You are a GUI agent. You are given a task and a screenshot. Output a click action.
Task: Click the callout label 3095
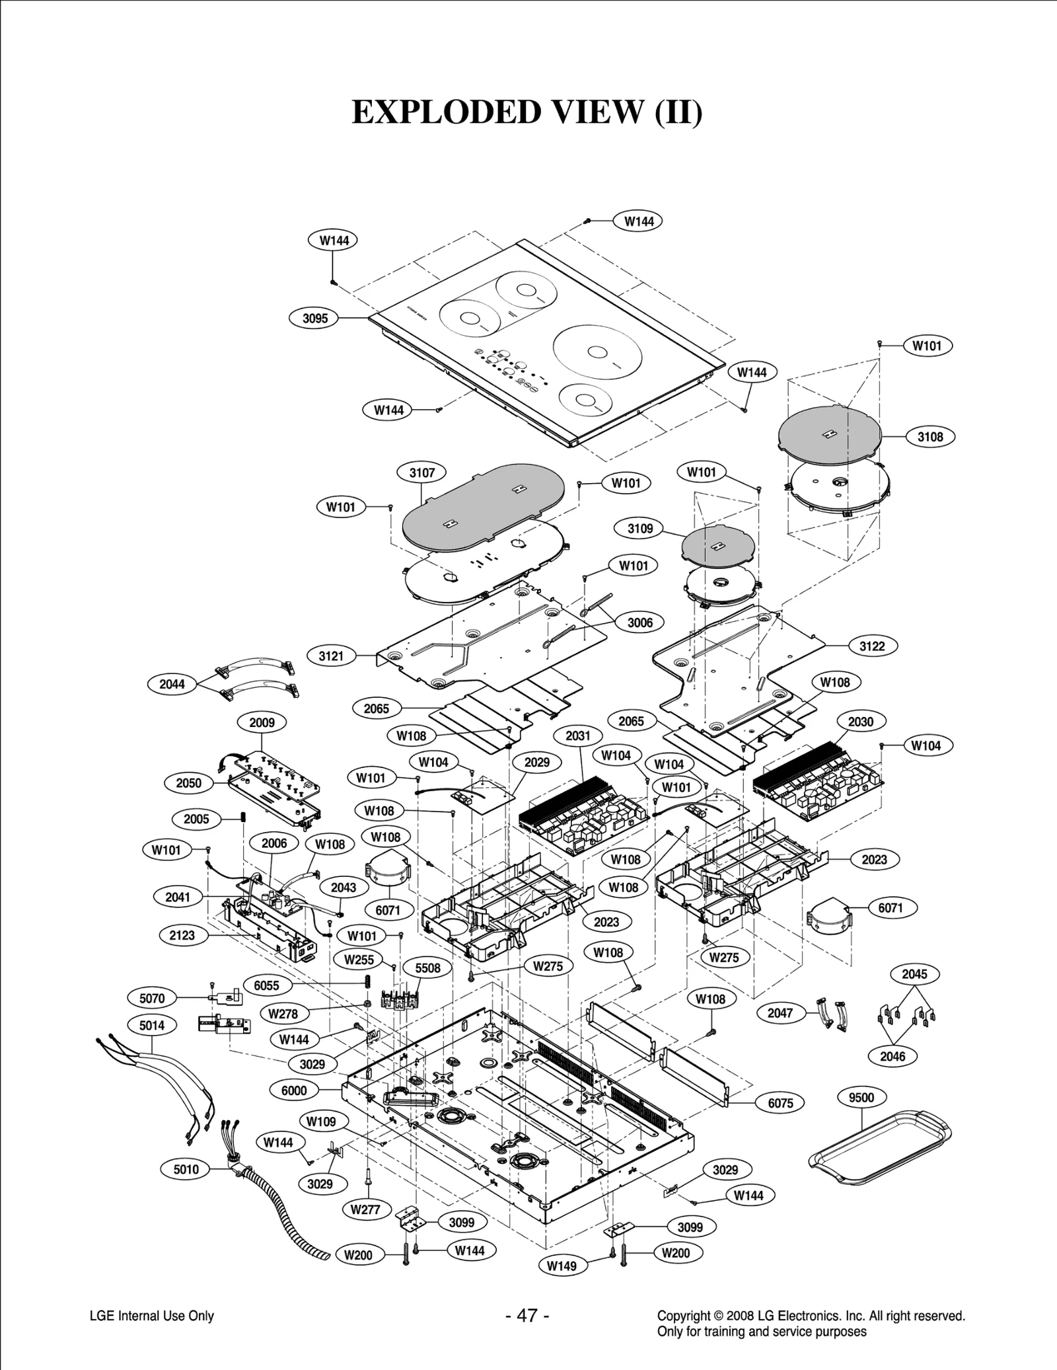(315, 318)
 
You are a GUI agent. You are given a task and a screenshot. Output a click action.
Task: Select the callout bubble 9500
(861, 1098)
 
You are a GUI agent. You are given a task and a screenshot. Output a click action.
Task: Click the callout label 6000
(294, 1090)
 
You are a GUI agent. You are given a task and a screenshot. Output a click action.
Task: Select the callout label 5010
(186, 1169)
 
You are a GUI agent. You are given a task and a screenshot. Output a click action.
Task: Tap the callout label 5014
(152, 1025)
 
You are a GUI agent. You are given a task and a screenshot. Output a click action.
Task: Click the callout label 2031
(578, 736)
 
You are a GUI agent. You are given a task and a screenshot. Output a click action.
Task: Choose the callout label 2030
(860, 722)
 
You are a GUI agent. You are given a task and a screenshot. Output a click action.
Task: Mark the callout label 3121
(331, 656)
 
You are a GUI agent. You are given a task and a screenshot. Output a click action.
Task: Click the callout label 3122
(871, 646)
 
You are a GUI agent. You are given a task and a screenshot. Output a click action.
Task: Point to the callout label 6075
(780, 1102)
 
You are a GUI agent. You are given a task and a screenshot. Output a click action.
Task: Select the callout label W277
(365, 1209)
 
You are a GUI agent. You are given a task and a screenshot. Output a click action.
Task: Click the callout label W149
(562, 1266)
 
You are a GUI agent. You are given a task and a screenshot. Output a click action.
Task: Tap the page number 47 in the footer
(527, 1316)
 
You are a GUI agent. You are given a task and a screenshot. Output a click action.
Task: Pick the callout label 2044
(172, 684)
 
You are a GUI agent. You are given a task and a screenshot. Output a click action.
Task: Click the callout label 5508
(427, 968)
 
